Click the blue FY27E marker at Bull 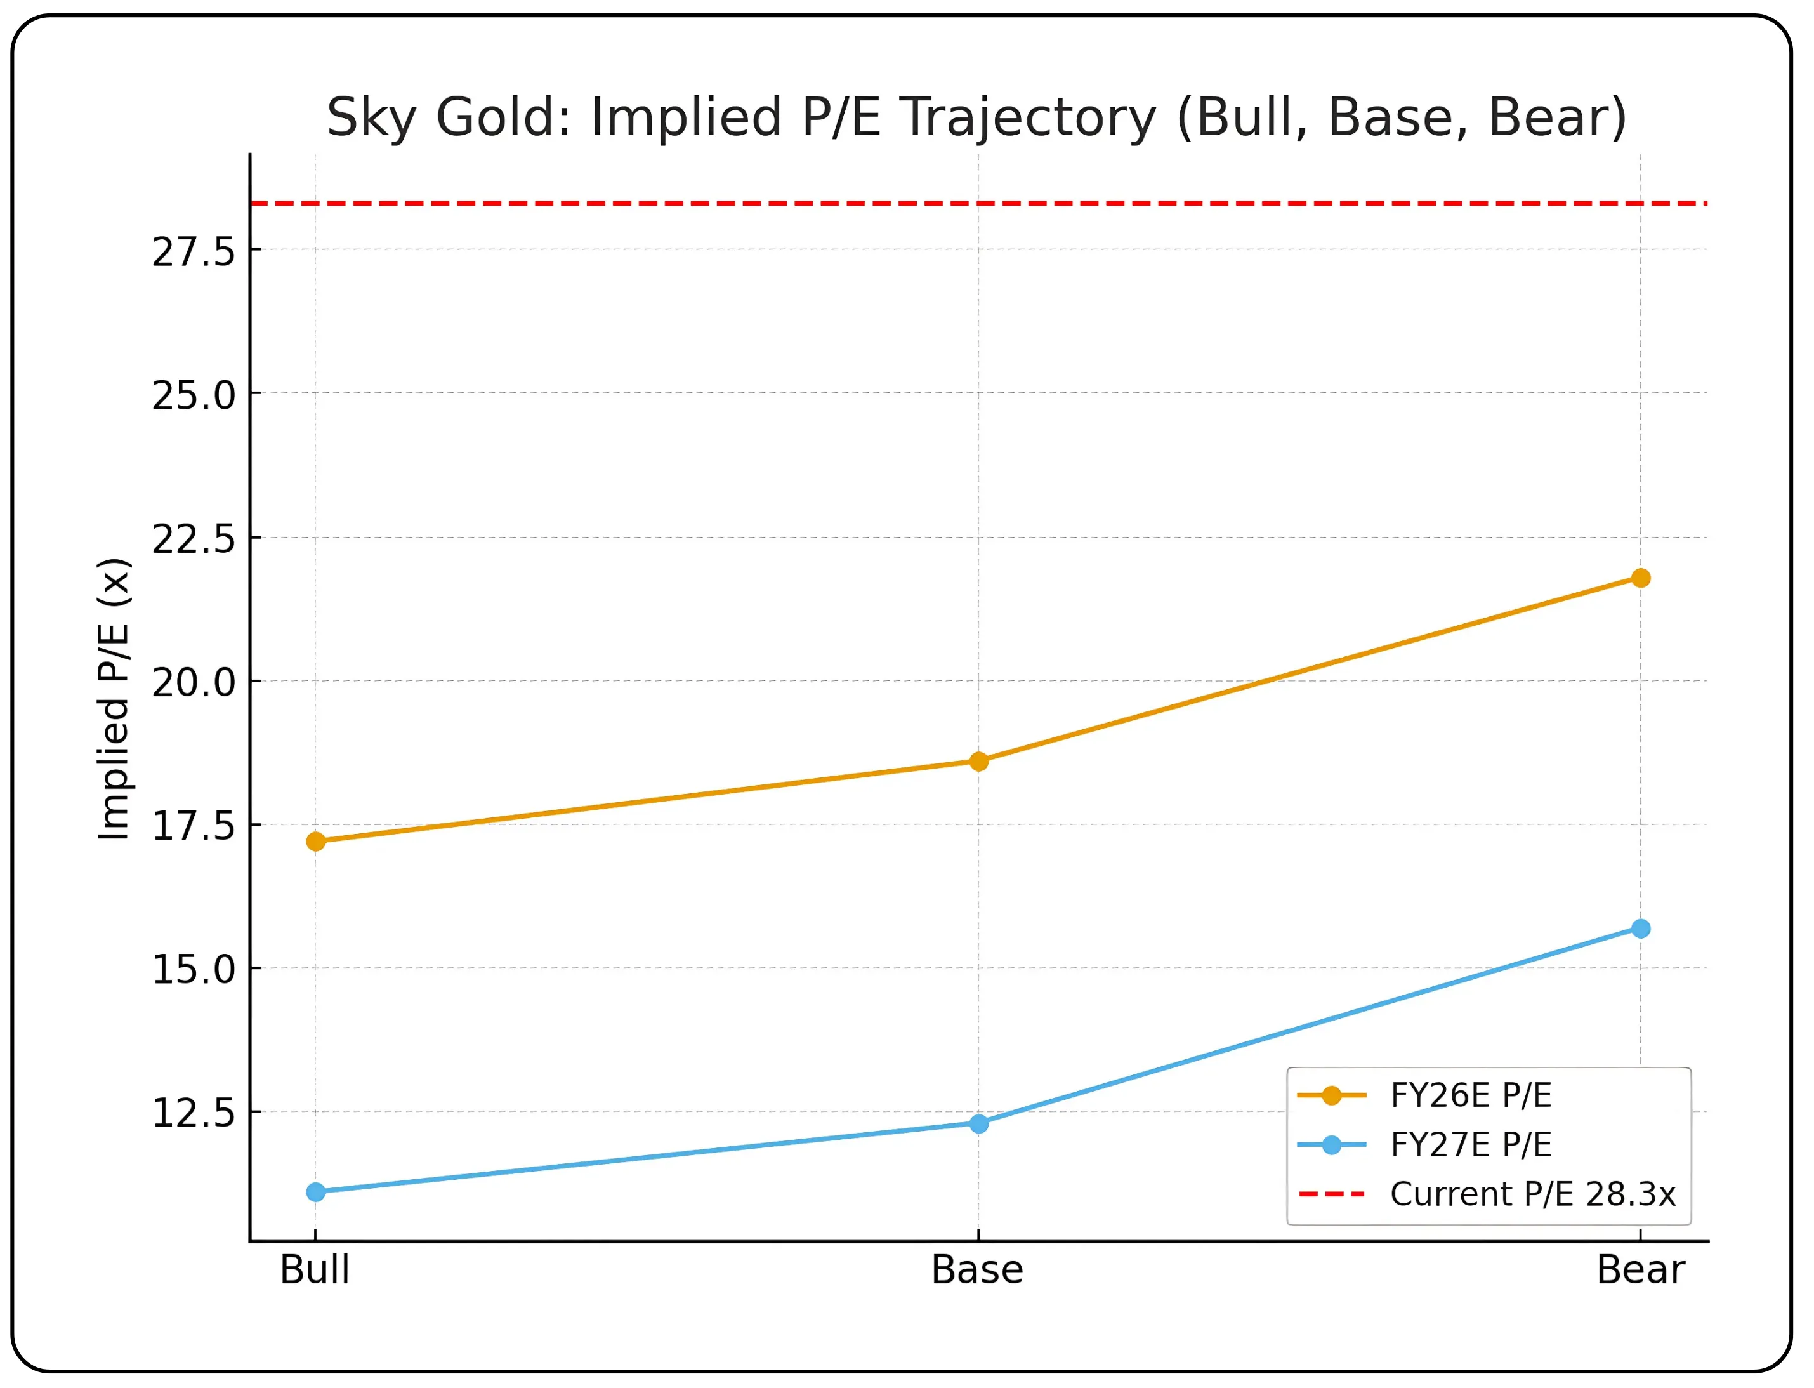click(315, 1192)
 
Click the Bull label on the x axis click(315, 1270)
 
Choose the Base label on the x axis click(978, 1270)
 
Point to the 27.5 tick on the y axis click(194, 251)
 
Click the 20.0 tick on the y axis click(194, 682)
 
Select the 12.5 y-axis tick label click(194, 1114)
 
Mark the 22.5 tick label click(194, 539)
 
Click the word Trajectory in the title click(1029, 117)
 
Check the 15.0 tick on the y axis click(194, 970)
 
